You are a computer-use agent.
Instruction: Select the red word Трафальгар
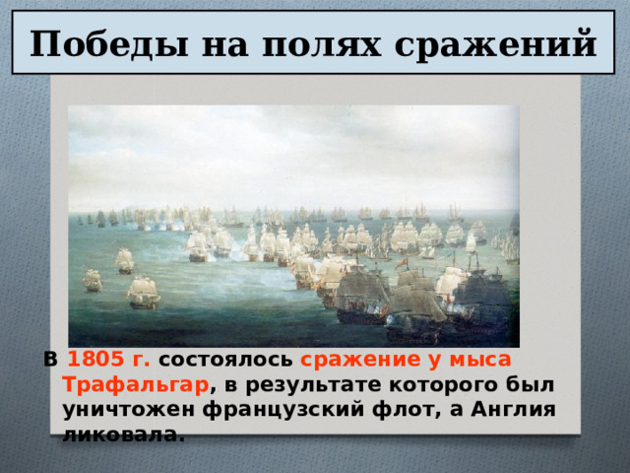[135, 383]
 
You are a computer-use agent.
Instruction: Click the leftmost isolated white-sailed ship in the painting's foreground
[93, 280]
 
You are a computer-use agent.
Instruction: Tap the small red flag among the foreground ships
[401, 264]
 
